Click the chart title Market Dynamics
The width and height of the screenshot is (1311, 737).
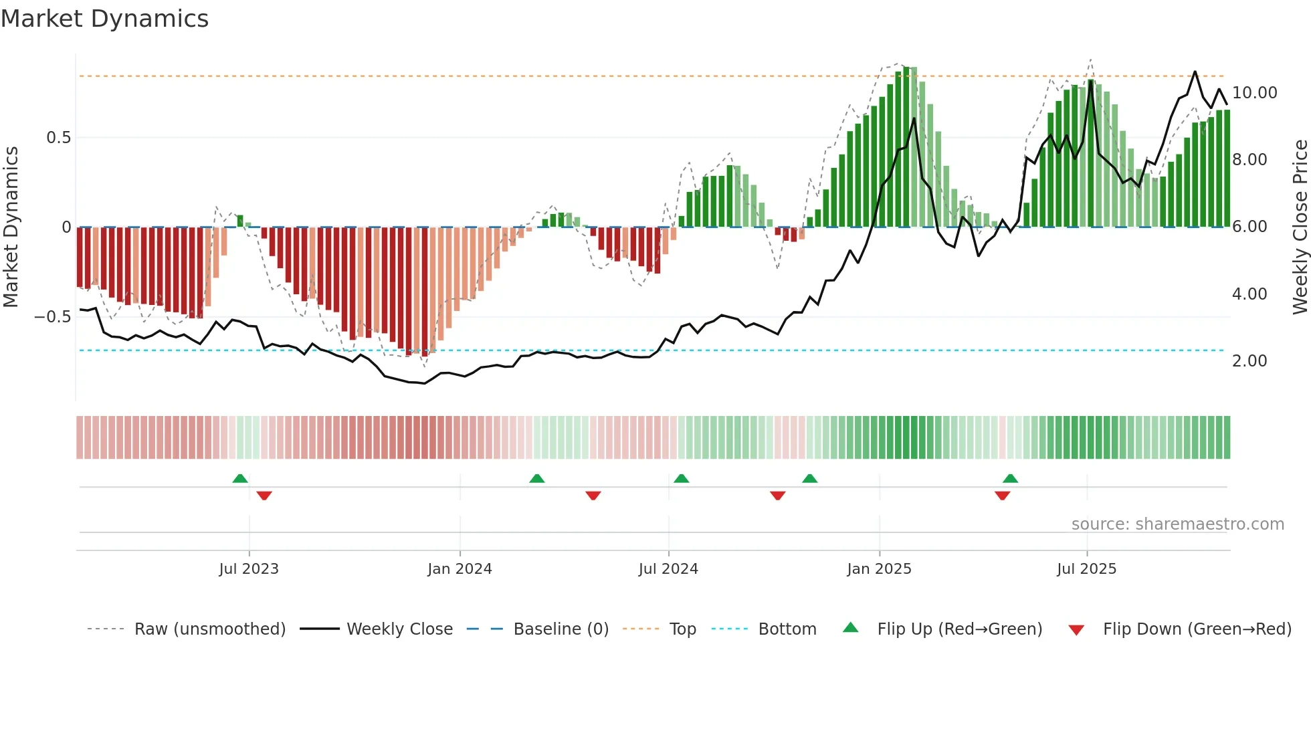pos(105,19)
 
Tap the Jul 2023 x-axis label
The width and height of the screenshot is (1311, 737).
pos(249,569)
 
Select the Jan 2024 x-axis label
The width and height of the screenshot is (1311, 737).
pos(460,569)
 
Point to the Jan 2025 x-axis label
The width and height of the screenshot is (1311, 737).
pos(879,569)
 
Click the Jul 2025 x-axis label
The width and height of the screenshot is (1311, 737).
pos(1086,569)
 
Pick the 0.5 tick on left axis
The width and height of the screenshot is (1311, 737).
pos(58,138)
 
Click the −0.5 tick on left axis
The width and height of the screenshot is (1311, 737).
pos(53,317)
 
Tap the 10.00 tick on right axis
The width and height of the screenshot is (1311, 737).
pos(1254,93)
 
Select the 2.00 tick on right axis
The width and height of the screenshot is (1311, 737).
pos(1249,361)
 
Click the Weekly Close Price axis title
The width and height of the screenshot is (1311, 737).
pos(1300,227)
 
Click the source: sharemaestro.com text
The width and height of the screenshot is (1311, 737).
pos(1177,524)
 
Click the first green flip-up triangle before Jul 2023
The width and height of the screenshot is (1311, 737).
pos(240,478)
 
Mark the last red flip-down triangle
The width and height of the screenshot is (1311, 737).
pos(1002,496)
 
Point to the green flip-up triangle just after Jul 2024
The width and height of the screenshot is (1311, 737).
pos(681,478)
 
